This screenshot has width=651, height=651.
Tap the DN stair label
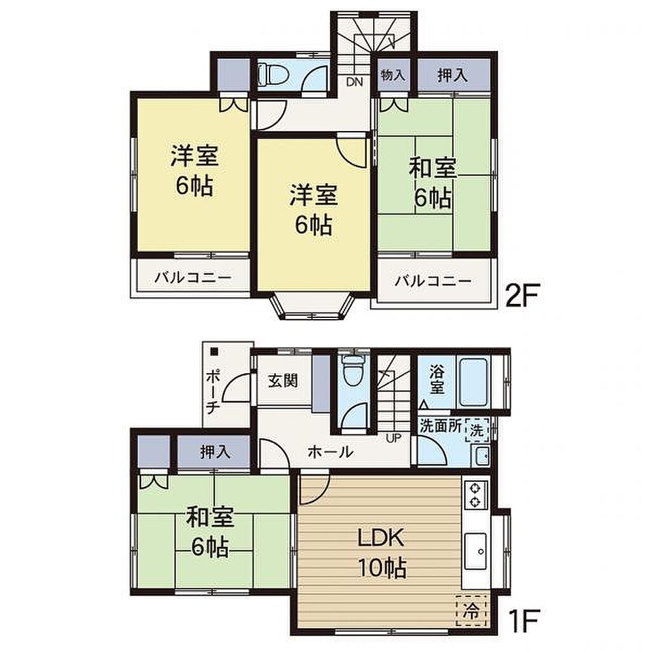pyautogui.click(x=354, y=82)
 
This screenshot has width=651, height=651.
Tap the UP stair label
pyautogui.click(x=393, y=437)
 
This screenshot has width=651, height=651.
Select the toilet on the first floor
pyautogui.click(x=352, y=371)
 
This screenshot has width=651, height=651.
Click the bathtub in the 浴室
pyautogui.click(x=474, y=383)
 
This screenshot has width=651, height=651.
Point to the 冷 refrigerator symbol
pyautogui.click(x=472, y=610)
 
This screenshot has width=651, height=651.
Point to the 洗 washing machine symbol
pyautogui.click(x=477, y=430)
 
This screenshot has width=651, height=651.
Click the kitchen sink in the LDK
pyautogui.click(x=476, y=551)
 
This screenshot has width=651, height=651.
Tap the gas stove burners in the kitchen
pyautogui.click(x=475, y=495)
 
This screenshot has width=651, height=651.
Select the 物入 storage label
pyautogui.click(x=393, y=75)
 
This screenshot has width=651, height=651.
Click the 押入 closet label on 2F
pyautogui.click(x=452, y=75)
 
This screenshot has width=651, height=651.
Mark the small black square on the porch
pyautogui.click(x=214, y=352)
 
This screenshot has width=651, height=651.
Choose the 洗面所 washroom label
pyautogui.click(x=441, y=427)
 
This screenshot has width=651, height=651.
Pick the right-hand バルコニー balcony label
pyautogui.click(x=432, y=282)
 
